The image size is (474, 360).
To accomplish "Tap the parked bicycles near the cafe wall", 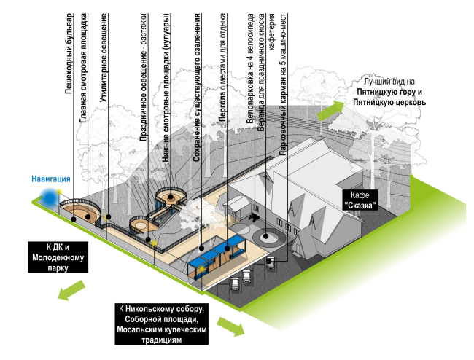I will pyautogui.click(x=256, y=216).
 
